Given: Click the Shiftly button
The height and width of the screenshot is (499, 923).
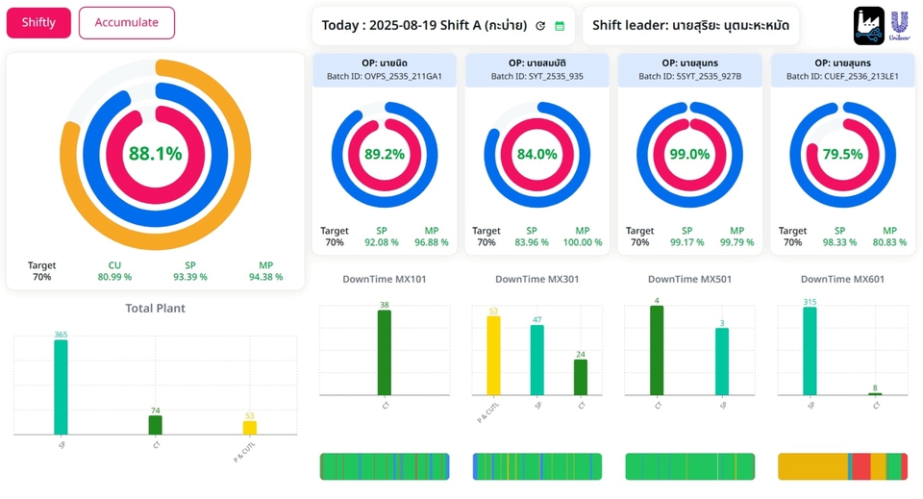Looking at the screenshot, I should click(38, 23).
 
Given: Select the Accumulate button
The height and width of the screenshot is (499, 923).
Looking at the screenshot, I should click(127, 23).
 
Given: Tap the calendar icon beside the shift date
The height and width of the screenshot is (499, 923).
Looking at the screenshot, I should click(560, 26).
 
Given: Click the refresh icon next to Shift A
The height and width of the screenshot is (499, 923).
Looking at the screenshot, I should click(540, 26).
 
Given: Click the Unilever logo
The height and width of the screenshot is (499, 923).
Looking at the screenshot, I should click(900, 25).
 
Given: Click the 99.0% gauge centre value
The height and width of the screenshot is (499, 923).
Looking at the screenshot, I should click(689, 154).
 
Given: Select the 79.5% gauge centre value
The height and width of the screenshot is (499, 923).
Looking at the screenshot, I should click(842, 154).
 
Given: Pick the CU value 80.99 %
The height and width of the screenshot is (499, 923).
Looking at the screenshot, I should click(114, 277).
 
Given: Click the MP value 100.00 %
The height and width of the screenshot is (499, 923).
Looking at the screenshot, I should click(583, 242).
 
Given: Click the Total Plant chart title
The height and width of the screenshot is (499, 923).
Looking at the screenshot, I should click(156, 309).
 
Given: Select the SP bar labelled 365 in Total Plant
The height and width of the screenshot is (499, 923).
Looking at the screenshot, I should click(61, 387).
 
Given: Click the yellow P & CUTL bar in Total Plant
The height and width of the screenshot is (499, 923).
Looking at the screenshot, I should click(250, 428).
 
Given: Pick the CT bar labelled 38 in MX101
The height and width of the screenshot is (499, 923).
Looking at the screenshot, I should click(385, 353).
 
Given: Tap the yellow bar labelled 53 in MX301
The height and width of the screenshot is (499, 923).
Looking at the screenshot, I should click(493, 356).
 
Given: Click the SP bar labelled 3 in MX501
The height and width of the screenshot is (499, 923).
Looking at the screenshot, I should click(722, 362).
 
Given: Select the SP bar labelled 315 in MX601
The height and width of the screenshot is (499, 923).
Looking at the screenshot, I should click(810, 351).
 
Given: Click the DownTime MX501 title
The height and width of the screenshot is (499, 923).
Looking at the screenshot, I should click(689, 280).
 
